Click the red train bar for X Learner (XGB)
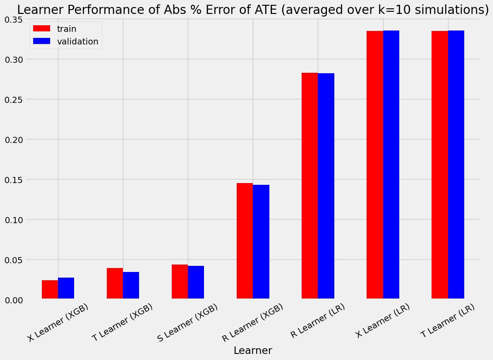50,289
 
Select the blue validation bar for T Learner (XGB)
131,285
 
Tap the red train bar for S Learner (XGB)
180,282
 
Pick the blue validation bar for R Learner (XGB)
261,242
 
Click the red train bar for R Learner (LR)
309,186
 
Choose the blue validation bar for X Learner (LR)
391,165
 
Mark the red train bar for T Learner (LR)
439,165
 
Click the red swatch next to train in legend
42,29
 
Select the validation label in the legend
75,41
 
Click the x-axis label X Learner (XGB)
58,323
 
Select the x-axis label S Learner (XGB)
188,323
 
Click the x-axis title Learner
253,350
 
